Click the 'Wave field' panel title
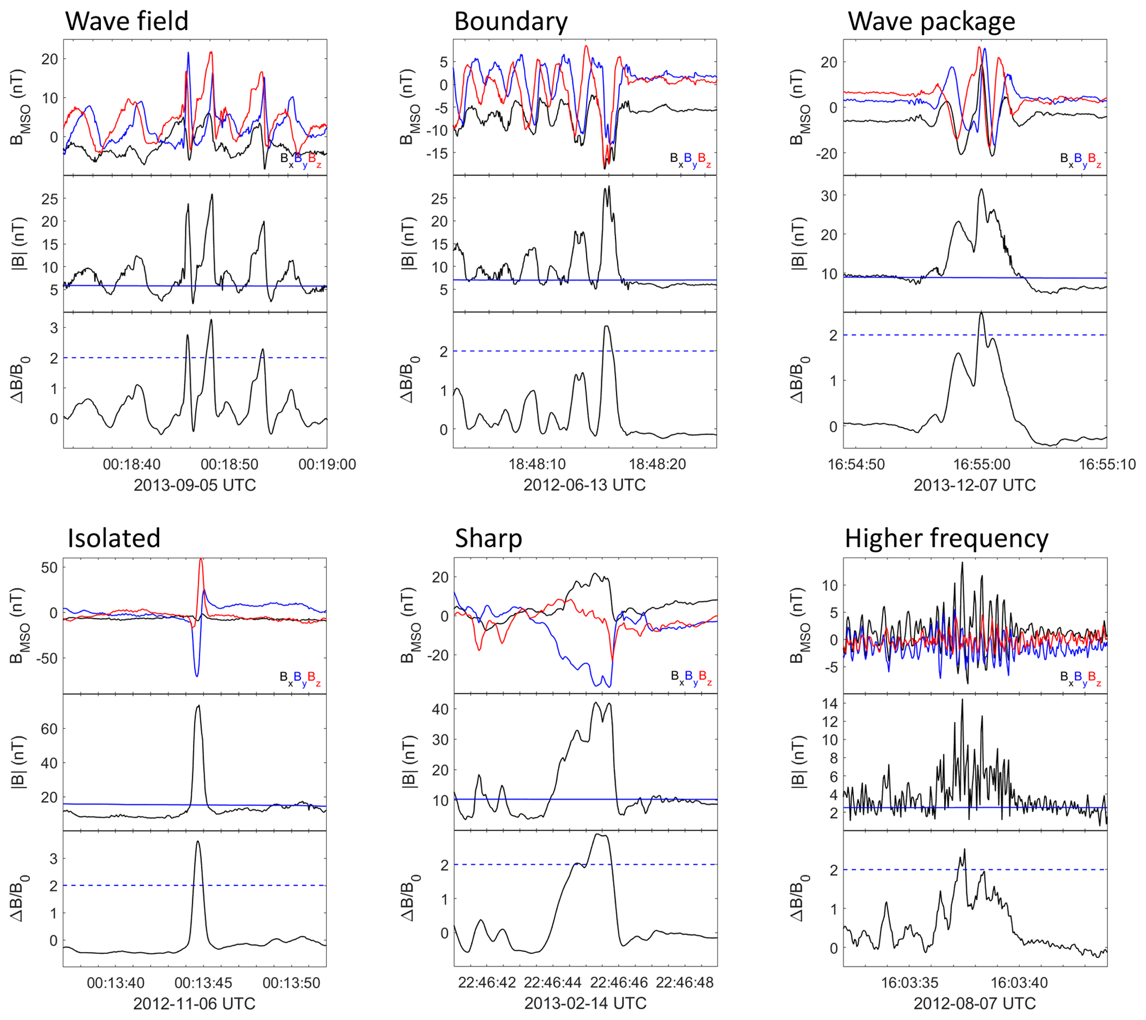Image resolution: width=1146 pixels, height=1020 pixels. (x=127, y=21)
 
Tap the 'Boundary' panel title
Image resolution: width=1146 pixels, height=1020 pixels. (x=510, y=21)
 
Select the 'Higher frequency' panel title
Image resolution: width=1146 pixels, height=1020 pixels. (x=946, y=539)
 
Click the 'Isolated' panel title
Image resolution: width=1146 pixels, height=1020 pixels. (x=114, y=539)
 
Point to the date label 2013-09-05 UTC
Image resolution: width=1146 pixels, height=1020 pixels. (x=195, y=485)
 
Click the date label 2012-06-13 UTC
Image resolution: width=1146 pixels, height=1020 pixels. (x=584, y=485)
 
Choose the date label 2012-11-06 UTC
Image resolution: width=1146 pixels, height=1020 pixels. (x=194, y=1003)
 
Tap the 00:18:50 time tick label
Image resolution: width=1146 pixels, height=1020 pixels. (x=230, y=465)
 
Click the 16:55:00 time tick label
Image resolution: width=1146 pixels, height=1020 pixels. (x=982, y=465)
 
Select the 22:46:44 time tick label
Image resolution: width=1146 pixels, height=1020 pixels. (x=553, y=982)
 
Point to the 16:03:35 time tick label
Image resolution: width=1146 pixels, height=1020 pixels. (x=909, y=982)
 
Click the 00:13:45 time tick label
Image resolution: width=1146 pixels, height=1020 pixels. (x=203, y=982)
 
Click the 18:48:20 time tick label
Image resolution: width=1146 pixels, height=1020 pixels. (x=657, y=465)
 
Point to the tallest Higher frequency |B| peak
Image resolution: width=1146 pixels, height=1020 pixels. (x=962, y=700)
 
